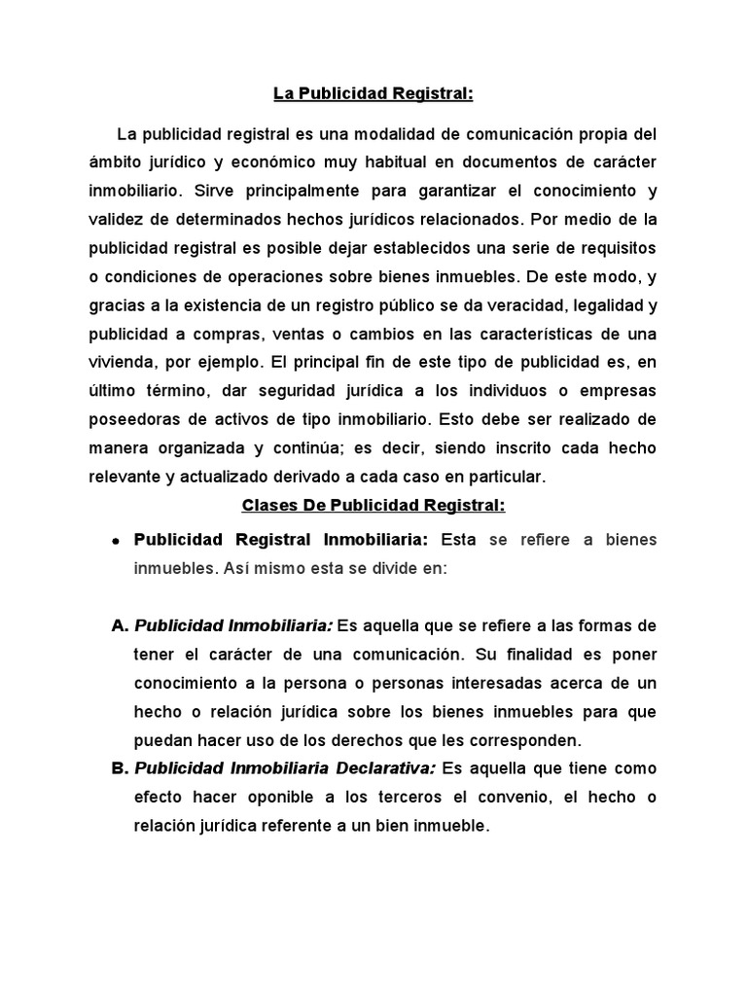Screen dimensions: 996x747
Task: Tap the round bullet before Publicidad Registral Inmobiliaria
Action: pyautogui.click(x=116, y=541)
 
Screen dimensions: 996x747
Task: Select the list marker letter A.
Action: pyautogui.click(x=121, y=626)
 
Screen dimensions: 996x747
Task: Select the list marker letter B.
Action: pyautogui.click(x=121, y=768)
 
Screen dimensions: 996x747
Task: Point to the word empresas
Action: pyautogui.click(x=618, y=390)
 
